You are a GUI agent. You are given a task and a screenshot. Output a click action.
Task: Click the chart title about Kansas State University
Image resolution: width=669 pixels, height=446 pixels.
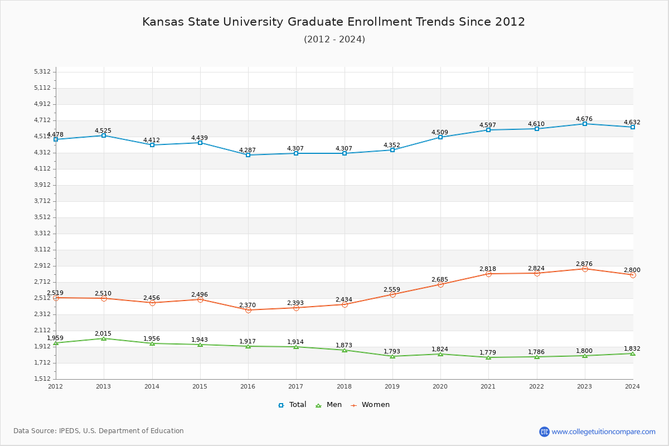point(333,22)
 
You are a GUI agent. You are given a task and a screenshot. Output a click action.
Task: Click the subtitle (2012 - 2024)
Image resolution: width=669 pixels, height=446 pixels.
point(334,39)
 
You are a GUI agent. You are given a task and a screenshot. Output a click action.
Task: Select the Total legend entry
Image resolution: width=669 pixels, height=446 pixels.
point(292,405)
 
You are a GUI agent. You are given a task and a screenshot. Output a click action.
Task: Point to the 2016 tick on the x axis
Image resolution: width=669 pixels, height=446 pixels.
point(248,386)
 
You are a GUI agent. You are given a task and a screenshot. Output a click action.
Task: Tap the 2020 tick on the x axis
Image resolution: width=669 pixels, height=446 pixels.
point(440,386)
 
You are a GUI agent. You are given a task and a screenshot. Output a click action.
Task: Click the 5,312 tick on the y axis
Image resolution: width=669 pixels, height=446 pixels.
point(42,71)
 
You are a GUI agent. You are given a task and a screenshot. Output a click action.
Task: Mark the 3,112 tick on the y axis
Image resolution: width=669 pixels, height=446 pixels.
point(42,249)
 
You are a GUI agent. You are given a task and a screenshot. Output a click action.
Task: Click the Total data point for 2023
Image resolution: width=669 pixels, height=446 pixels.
point(585,124)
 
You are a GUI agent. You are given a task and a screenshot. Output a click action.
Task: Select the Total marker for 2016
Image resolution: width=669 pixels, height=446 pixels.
point(248,155)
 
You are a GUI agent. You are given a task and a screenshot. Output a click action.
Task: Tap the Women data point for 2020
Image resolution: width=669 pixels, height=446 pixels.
point(440,284)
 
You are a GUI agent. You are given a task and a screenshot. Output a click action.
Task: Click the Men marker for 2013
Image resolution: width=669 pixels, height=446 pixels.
point(104,338)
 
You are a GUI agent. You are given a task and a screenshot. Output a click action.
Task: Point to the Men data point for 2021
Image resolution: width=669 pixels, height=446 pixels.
point(488,357)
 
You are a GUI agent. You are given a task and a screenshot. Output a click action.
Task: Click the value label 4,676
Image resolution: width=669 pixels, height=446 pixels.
point(584,119)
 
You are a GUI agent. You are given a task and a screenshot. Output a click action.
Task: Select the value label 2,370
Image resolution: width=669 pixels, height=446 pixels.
point(248,305)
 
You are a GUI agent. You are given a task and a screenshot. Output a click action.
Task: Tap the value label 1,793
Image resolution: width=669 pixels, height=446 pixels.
point(392,351)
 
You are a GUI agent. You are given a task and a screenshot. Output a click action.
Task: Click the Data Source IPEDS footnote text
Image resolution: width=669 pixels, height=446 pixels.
point(99,431)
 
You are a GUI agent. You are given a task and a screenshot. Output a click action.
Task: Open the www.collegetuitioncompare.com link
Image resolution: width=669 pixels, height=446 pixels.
point(603,432)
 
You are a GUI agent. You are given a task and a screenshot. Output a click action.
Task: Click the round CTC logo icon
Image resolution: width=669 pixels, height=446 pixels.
point(544,432)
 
